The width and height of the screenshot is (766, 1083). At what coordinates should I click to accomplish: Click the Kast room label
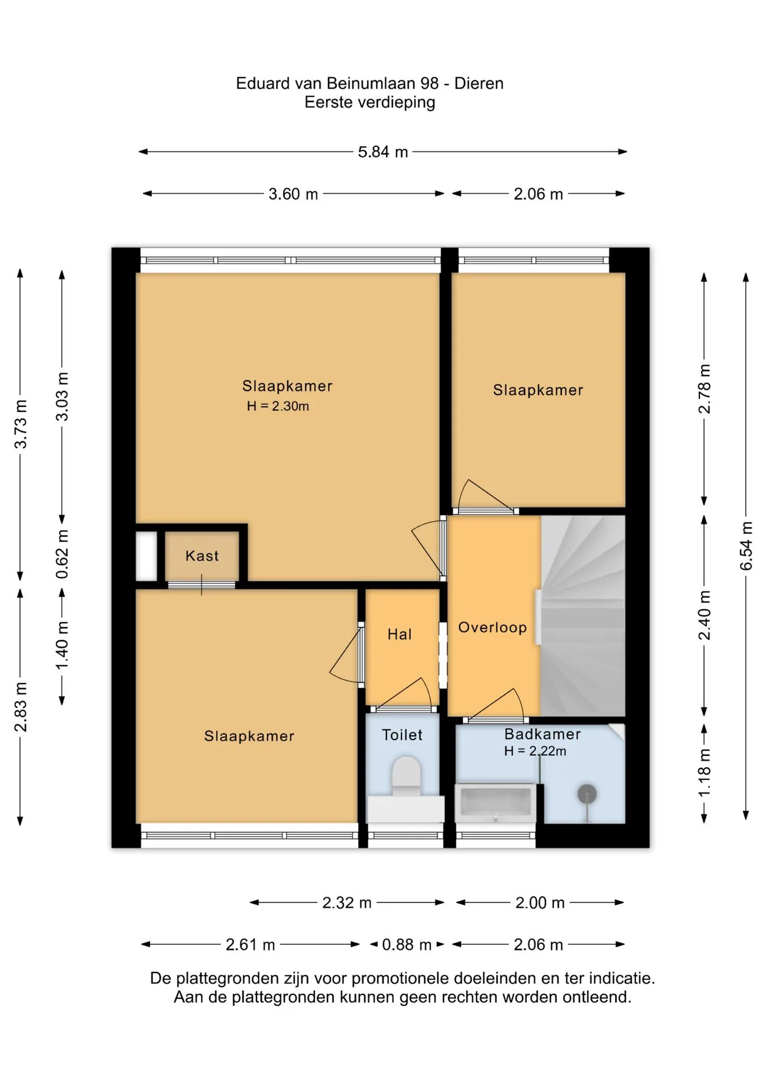point(202,556)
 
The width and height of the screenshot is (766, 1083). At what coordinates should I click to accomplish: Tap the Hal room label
point(399,634)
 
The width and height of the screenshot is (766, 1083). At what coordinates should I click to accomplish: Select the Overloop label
point(492,627)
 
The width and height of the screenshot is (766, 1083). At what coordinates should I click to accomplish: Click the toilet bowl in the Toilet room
point(406,776)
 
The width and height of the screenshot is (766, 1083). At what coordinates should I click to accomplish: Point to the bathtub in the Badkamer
point(495,801)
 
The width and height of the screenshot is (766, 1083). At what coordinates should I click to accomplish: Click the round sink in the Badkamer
point(587,794)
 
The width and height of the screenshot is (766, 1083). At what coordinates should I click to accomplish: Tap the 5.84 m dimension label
point(383,152)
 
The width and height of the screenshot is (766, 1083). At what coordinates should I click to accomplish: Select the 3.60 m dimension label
point(293,194)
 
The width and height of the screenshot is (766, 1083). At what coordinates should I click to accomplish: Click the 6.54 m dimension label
point(746,545)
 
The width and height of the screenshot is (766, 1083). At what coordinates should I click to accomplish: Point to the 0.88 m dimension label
point(407,944)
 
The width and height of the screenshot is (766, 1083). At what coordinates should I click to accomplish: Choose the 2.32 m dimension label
point(347,902)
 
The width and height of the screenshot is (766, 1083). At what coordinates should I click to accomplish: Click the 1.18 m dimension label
point(705,773)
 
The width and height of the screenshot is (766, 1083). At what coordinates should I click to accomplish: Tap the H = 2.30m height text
point(278,406)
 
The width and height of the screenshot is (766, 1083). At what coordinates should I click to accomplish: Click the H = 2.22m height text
point(535,751)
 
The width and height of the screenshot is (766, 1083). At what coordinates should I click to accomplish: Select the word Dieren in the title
point(479,83)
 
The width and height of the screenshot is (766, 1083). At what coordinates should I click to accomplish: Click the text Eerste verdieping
point(370,103)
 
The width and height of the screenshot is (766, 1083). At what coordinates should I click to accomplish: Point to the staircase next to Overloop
point(583,616)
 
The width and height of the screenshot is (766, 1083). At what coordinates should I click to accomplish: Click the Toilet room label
point(402,734)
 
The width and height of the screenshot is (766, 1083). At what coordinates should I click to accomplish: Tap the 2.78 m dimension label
point(705,389)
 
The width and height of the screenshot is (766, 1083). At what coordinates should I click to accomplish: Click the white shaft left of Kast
point(147,556)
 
